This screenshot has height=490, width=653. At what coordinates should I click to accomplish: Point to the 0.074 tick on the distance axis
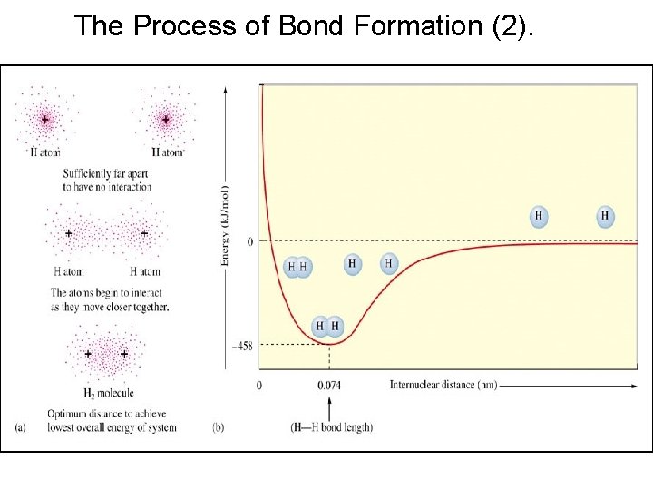pyautogui.click(x=329, y=385)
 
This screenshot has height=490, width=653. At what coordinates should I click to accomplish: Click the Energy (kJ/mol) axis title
pyautogui.click(x=225, y=225)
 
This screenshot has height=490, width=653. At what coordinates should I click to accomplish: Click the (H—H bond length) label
pyautogui.click(x=332, y=426)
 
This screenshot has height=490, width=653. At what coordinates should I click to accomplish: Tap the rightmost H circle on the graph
pyautogui.click(x=605, y=216)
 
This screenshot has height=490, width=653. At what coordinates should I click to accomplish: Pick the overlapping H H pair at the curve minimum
pyautogui.click(x=327, y=326)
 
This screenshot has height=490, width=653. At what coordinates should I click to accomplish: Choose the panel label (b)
pyautogui.click(x=219, y=426)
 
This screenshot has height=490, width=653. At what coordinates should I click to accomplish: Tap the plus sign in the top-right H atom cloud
pyautogui.click(x=166, y=120)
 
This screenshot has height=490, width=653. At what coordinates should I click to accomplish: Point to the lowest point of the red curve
pyautogui.click(x=329, y=343)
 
